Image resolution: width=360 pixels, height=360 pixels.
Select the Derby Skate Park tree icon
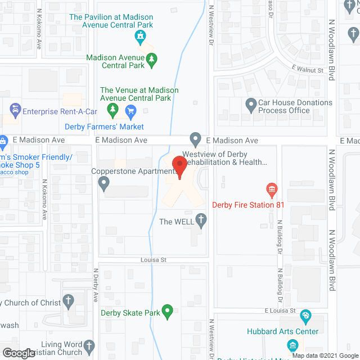point(167,310)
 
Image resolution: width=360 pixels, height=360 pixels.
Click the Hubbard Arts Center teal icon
point(305,316)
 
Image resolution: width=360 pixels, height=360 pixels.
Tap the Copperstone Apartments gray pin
point(103,182)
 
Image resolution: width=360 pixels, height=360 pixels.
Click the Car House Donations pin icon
point(251,104)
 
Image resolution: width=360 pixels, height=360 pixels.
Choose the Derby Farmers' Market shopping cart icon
point(130,110)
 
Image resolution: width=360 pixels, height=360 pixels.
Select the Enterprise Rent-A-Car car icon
point(15,109)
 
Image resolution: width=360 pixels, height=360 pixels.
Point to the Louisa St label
point(152,260)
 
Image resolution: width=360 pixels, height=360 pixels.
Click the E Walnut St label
point(307,70)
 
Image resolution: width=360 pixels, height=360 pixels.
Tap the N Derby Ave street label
point(96,287)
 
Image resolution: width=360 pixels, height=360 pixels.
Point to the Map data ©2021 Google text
point(324,355)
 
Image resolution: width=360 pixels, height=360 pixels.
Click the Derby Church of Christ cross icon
point(69,301)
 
